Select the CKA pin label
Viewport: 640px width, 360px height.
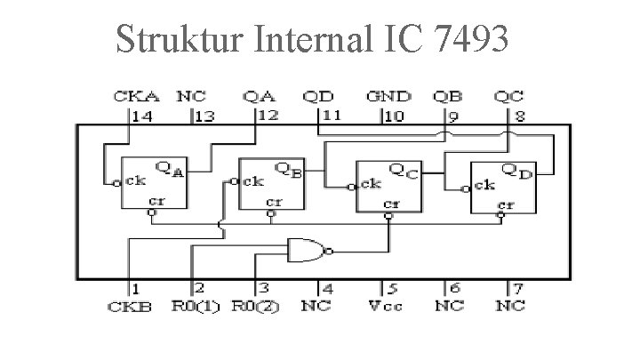pos(130,95)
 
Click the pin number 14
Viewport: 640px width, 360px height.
pos(141,115)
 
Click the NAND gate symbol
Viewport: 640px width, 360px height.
pos(308,252)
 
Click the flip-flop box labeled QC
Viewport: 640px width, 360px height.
pos(388,187)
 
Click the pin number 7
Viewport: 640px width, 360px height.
pos(516,289)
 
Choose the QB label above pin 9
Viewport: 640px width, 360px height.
pos(446,95)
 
